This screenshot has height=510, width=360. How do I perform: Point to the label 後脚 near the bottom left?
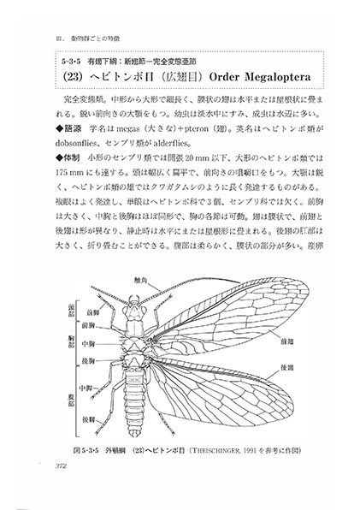[x=87, y=419]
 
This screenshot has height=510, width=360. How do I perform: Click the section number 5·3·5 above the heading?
[x=68, y=62]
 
